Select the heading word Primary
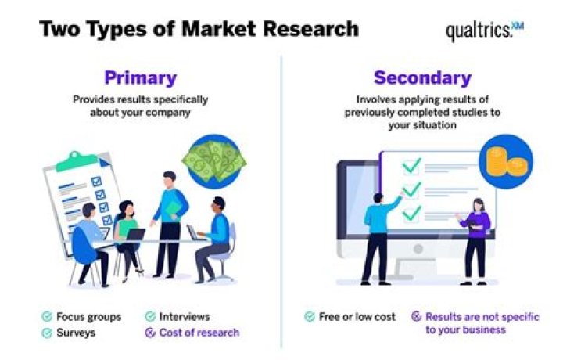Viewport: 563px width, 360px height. [x=140, y=78]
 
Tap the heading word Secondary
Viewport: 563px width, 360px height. [x=422, y=78]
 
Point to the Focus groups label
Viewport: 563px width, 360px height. [x=88, y=317]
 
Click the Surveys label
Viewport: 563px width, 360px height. [x=77, y=332]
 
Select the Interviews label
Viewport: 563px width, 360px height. [x=185, y=317]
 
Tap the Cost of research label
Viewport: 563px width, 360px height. [x=199, y=332]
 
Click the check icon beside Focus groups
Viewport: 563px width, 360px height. [x=48, y=317]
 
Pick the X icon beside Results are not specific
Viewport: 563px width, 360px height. [x=416, y=317]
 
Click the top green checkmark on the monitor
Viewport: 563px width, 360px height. [x=412, y=166]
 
